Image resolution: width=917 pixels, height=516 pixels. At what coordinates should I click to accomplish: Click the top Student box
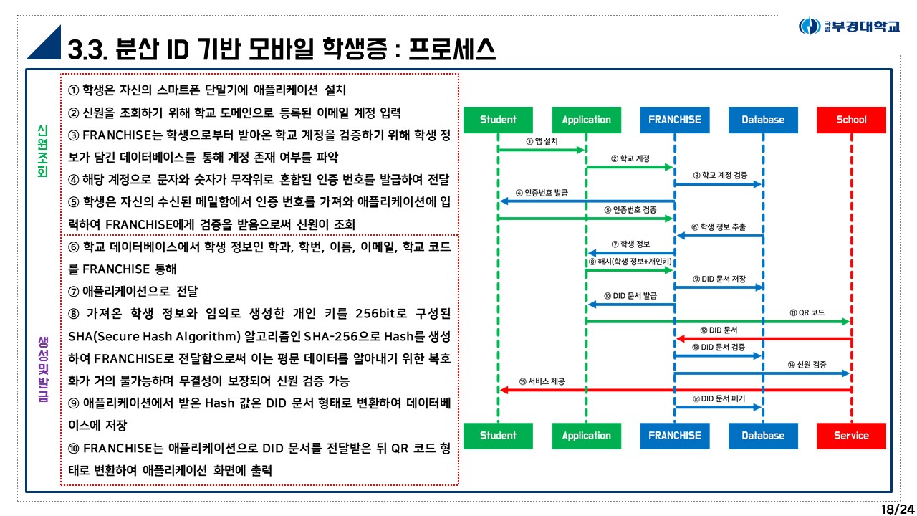tap(498, 120)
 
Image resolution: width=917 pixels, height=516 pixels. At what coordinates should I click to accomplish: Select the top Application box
tap(586, 120)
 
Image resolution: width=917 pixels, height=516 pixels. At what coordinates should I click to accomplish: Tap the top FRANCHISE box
tap(674, 120)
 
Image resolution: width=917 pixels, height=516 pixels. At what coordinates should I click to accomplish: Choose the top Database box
tap(763, 120)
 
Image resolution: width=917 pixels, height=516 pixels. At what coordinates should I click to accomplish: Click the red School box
tap(851, 120)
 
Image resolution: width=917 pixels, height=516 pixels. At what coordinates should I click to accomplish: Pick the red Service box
tap(851, 436)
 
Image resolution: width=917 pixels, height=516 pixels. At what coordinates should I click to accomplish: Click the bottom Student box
tap(498, 436)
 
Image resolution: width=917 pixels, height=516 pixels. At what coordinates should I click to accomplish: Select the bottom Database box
tap(763, 436)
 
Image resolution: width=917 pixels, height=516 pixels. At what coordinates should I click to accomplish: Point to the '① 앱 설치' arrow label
tap(542, 142)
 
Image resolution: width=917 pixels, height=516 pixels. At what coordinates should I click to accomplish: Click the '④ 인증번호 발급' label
tap(542, 193)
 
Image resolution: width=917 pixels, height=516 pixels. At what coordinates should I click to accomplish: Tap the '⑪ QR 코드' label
tap(807, 313)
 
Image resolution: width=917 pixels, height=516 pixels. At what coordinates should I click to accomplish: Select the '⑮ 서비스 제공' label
tap(542, 382)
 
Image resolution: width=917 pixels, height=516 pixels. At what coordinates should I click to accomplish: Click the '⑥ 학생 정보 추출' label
tap(719, 227)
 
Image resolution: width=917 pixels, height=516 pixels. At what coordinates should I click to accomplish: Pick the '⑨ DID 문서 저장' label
tap(719, 279)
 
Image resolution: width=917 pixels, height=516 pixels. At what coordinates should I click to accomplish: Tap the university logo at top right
tap(849, 27)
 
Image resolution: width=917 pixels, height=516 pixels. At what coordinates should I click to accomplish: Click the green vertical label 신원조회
tap(42, 152)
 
